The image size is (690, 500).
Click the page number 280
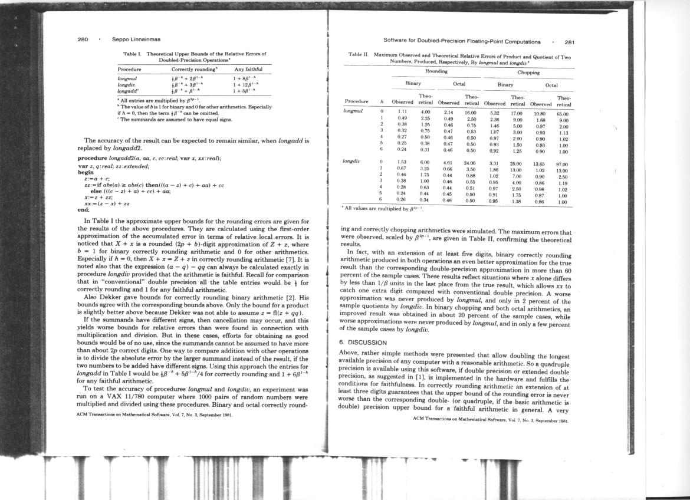point(83,40)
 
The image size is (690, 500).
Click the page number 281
point(569,42)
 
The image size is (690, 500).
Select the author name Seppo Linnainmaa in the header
point(136,40)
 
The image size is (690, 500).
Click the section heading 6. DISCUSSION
point(363,342)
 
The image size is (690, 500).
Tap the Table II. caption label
point(359,55)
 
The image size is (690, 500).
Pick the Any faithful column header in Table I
point(248,69)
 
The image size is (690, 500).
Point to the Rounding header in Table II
point(436,71)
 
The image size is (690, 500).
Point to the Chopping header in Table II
point(528,73)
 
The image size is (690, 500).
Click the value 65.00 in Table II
point(562,112)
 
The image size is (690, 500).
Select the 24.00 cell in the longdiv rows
point(470,163)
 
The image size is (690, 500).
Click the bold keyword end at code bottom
point(83,209)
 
